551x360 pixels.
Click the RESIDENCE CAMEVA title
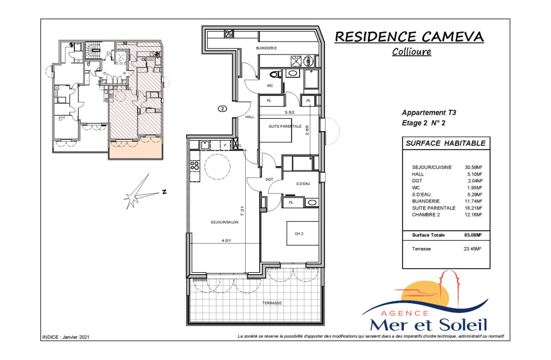tap(409, 37)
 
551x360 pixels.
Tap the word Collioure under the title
tap(412, 52)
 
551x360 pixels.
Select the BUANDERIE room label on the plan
tap(267, 48)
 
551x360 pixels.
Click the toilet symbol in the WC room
tap(275, 74)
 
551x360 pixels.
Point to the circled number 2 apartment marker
tap(223, 109)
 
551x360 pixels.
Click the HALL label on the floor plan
tap(250, 117)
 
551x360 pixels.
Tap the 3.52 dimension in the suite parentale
tap(289, 112)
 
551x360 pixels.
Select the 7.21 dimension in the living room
tap(242, 211)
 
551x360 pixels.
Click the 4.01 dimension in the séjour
tap(226, 241)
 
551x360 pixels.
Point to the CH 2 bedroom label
tap(299, 233)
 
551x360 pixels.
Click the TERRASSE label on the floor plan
tap(272, 303)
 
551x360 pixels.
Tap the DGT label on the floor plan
tap(269, 179)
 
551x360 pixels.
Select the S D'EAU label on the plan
tap(303, 184)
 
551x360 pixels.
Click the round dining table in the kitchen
tap(218, 166)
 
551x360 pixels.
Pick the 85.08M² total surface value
tap(473, 235)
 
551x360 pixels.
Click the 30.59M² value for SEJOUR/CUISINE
tap(473, 168)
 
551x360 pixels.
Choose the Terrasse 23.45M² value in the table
tap(472, 249)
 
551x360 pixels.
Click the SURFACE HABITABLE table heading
tap(445, 143)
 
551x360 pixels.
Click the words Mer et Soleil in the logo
tap(428, 325)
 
